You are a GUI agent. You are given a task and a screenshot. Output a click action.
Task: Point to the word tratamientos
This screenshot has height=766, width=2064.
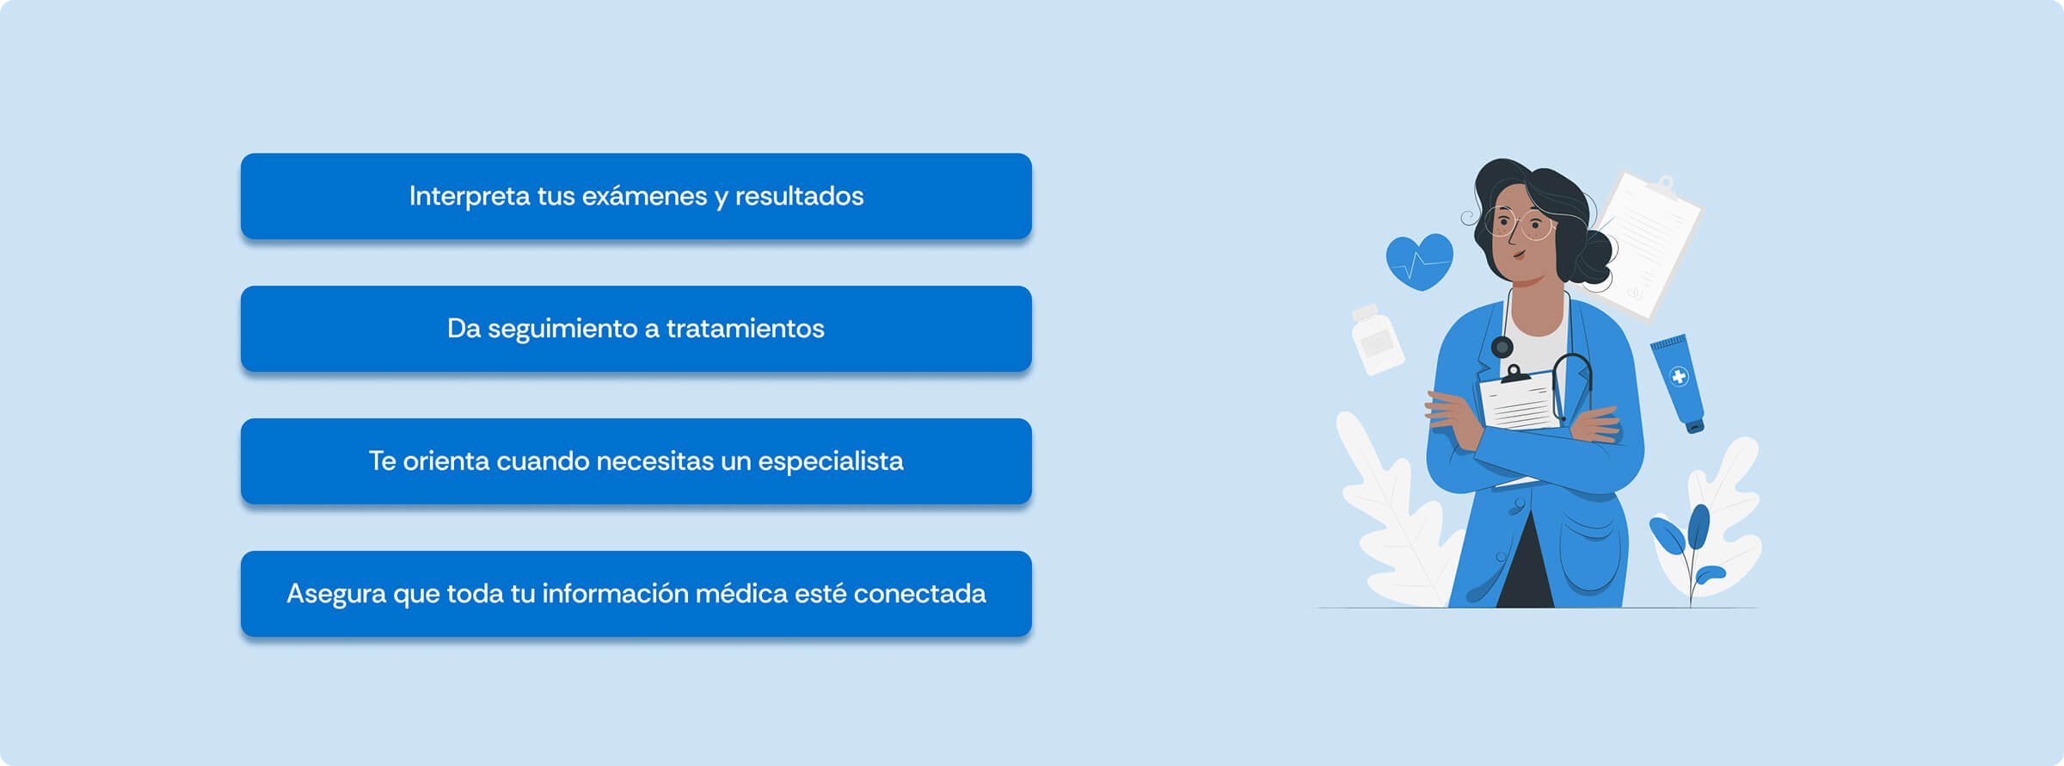tap(745, 329)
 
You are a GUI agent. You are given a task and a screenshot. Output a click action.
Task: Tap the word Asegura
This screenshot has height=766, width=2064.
tap(336, 595)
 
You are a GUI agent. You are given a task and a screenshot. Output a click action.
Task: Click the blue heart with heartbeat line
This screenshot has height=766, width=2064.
tap(1419, 262)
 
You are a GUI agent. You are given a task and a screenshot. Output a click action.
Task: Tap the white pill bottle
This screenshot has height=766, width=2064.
tap(1377, 339)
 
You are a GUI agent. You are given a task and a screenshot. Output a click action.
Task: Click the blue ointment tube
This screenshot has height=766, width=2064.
tap(1678, 383)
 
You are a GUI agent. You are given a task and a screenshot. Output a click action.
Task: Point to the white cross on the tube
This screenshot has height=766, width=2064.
tap(1679, 376)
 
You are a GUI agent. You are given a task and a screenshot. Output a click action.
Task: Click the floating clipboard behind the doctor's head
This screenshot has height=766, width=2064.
tap(1647, 245)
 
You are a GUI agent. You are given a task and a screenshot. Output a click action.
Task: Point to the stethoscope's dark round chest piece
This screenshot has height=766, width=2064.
tap(1502, 347)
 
